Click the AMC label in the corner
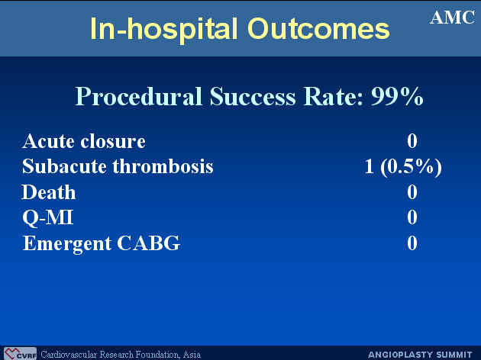453,18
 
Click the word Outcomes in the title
318,29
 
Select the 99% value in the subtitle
397,96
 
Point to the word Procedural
139,96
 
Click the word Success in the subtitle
253,96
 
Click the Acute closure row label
84,141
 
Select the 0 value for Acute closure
412,141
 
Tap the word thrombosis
163,167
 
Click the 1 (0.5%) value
403,167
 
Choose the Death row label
49,192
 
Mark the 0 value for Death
412,192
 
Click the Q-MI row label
48,218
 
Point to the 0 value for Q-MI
412,217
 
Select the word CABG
148,243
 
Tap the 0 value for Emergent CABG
412,243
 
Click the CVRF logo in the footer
20,354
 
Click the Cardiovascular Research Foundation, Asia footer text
121,355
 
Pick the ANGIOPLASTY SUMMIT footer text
420,355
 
